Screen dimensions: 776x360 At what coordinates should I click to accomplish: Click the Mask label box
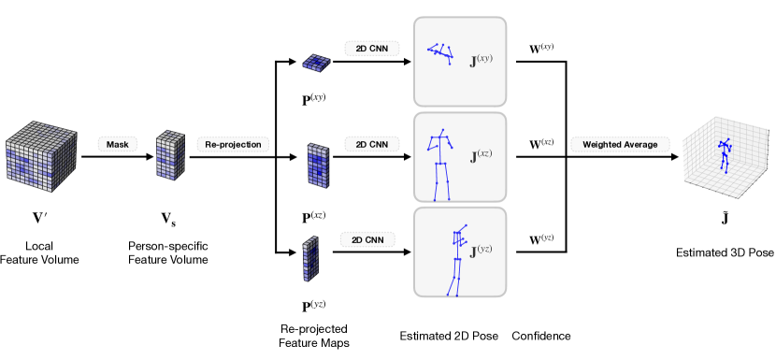pyautogui.click(x=118, y=145)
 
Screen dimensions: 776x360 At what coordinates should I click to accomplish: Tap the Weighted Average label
pyautogui.click(x=620, y=145)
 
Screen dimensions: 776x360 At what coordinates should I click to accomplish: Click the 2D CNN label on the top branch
pyautogui.click(x=372, y=49)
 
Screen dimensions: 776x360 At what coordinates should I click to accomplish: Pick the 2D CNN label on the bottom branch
pyautogui.click(x=367, y=239)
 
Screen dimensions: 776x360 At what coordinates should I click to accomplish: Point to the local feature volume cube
pyautogui.click(x=41, y=156)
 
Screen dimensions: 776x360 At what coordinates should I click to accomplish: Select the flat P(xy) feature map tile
pyautogui.click(x=317, y=63)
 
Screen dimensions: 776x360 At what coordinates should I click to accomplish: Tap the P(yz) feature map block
pyautogui.click(x=309, y=257)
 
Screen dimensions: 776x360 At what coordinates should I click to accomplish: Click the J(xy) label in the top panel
pyautogui.click(x=481, y=61)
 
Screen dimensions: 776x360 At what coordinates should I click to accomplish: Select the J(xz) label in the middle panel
pyautogui.click(x=481, y=156)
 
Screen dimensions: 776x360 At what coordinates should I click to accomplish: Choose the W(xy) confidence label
pyautogui.click(x=541, y=49)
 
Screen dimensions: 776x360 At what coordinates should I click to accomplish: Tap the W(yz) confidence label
pyautogui.click(x=541, y=239)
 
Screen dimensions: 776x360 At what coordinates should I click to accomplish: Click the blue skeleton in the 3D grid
pyautogui.click(x=725, y=155)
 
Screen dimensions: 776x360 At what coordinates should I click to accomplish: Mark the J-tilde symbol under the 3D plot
pyautogui.click(x=724, y=217)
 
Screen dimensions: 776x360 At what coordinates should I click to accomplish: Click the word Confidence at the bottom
pyautogui.click(x=541, y=337)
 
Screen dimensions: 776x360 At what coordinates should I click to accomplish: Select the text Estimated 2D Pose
pyautogui.click(x=449, y=337)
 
